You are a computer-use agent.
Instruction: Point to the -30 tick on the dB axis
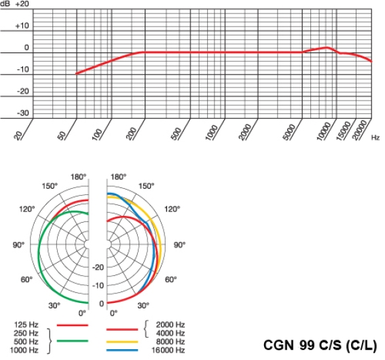pos(23,113)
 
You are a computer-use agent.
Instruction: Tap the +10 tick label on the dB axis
pos(23,26)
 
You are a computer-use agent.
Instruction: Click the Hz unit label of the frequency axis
pos(375,138)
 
